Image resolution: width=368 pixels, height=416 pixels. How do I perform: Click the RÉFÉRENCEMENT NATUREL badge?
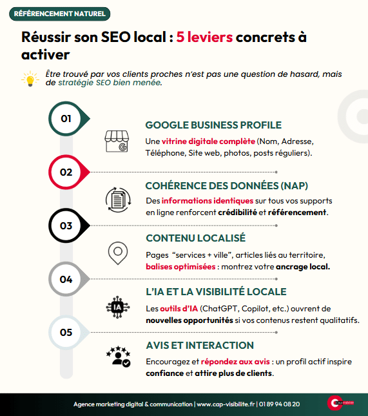click(x=59, y=14)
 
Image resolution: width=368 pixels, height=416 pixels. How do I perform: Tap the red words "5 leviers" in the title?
click(x=204, y=37)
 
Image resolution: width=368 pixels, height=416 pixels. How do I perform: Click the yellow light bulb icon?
click(x=30, y=79)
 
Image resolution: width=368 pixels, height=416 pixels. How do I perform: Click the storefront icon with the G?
click(x=117, y=141)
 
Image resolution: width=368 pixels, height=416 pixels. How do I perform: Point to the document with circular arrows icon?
click(x=118, y=200)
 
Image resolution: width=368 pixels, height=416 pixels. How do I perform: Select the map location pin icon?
click(x=118, y=253)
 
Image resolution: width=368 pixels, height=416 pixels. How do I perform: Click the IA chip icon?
click(x=118, y=307)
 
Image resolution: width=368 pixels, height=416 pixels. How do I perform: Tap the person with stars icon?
click(x=119, y=357)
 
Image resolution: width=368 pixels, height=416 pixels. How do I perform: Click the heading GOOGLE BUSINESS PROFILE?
click(x=213, y=125)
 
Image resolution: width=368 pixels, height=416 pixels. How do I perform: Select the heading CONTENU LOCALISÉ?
click(x=196, y=238)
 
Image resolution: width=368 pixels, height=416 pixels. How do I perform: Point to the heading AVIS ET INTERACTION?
click(x=200, y=346)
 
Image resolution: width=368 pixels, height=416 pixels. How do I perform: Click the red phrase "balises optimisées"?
click(x=180, y=267)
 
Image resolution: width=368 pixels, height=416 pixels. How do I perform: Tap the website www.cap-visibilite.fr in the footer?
click(x=226, y=404)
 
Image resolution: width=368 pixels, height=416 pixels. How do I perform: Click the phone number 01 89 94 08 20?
click(x=279, y=404)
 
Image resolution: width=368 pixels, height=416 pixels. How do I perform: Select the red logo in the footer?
click(x=340, y=402)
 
